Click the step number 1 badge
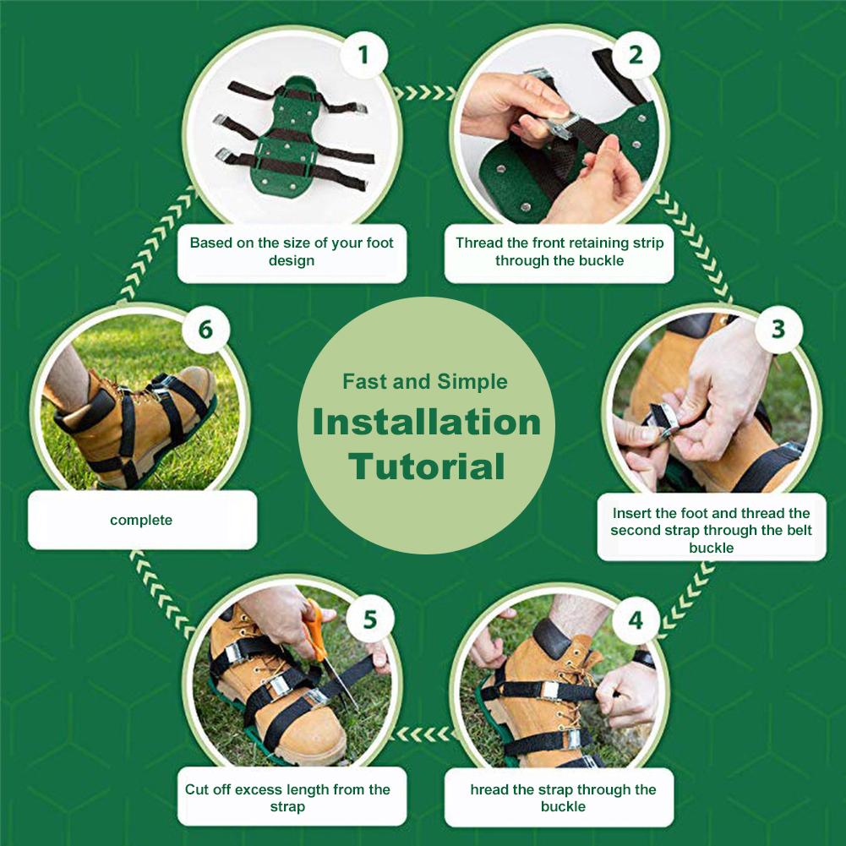[363, 54]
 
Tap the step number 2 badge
[636, 54]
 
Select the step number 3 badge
[778, 329]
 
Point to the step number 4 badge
[636, 620]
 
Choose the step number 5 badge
[369, 620]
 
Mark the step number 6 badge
[205, 330]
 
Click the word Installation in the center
[426, 422]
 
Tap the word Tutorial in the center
[426, 467]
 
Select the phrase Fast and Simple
[425, 381]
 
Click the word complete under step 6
[141, 520]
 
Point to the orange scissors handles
[314, 631]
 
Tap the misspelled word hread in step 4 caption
[489, 790]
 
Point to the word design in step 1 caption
[292, 261]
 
